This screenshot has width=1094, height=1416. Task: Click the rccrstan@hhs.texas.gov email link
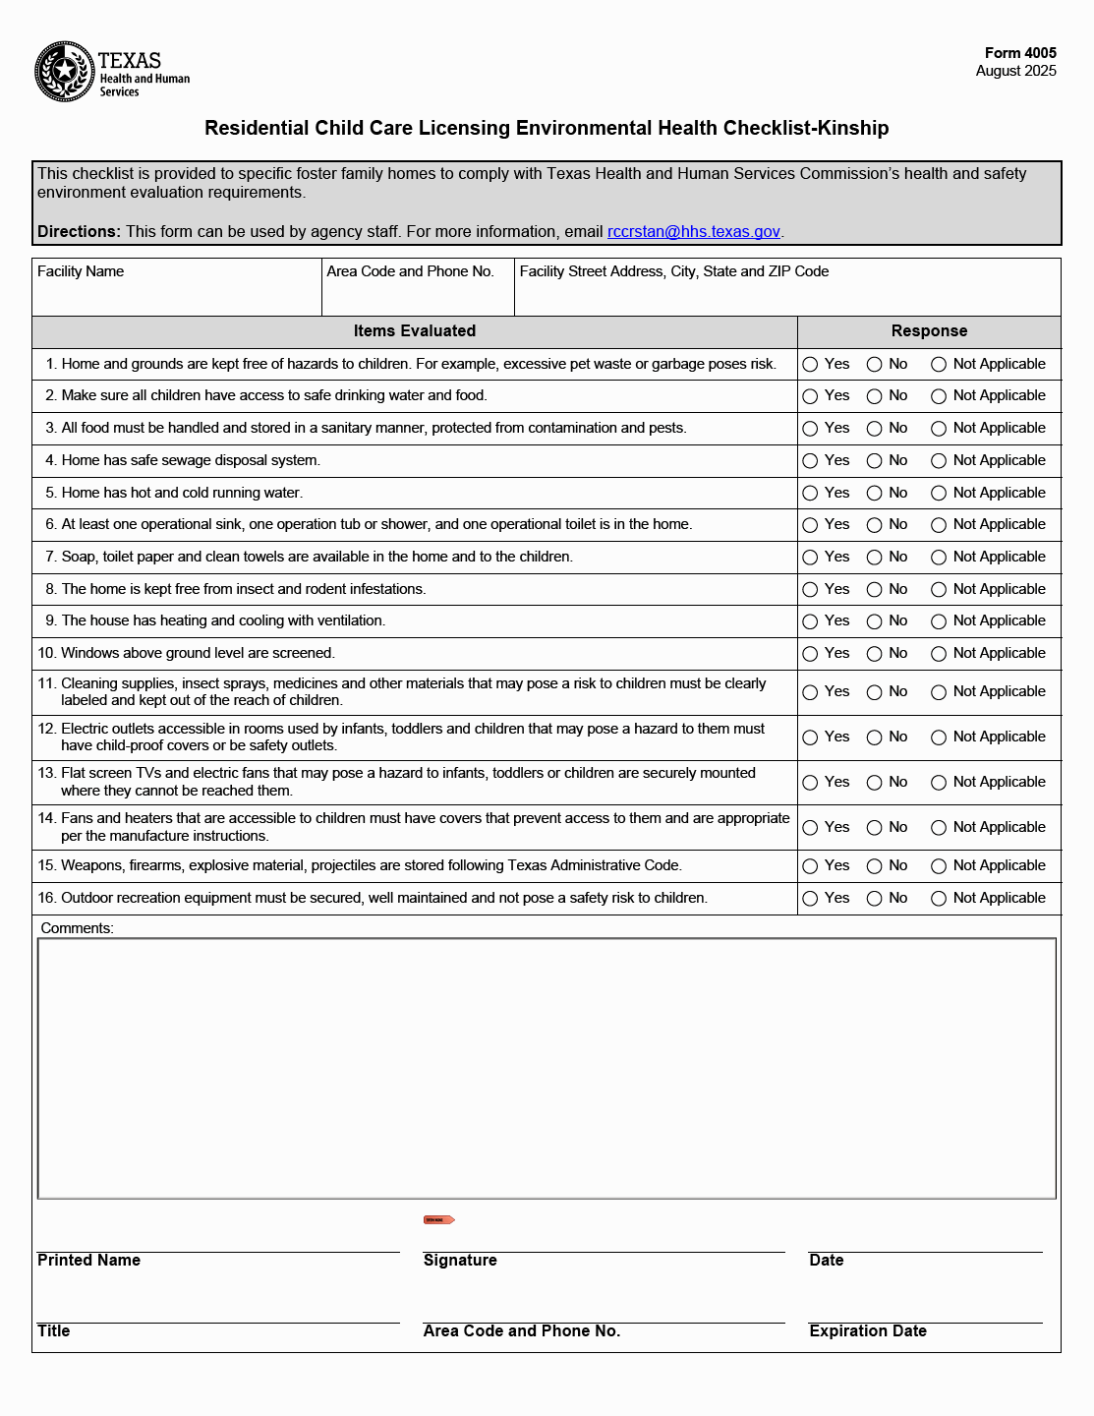pyautogui.click(x=693, y=232)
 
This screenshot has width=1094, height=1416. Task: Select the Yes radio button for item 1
pyautogui.click(x=810, y=365)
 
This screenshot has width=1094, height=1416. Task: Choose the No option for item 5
pyautogui.click(x=874, y=494)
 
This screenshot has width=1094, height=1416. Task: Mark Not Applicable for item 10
pyautogui.click(x=939, y=654)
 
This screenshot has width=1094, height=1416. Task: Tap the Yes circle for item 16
pyautogui.click(x=810, y=899)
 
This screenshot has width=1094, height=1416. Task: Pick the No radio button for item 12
pyautogui.click(x=874, y=737)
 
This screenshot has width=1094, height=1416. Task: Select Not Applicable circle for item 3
pyautogui.click(x=939, y=429)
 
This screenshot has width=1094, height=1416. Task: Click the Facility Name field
pyautogui.click(x=177, y=294)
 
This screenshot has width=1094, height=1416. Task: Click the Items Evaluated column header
pyautogui.click(x=414, y=331)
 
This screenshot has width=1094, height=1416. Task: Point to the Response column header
pyautogui.click(x=929, y=331)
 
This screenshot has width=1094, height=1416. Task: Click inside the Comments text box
pyautogui.click(x=547, y=1069)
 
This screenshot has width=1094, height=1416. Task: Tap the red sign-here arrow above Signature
pyautogui.click(x=438, y=1220)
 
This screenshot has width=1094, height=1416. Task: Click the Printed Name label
pyautogui.click(x=89, y=1261)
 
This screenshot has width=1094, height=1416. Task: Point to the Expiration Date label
pyautogui.click(x=868, y=1331)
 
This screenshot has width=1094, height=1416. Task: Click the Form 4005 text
pyautogui.click(x=1020, y=53)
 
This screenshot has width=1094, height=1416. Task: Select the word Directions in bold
pyautogui.click(x=79, y=232)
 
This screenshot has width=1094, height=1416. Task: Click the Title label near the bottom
pyautogui.click(x=54, y=1331)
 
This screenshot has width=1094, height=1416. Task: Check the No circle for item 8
pyautogui.click(x=874, y=590)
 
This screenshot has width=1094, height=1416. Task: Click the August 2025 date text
pyautogui.click(x=1015, y=71)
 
